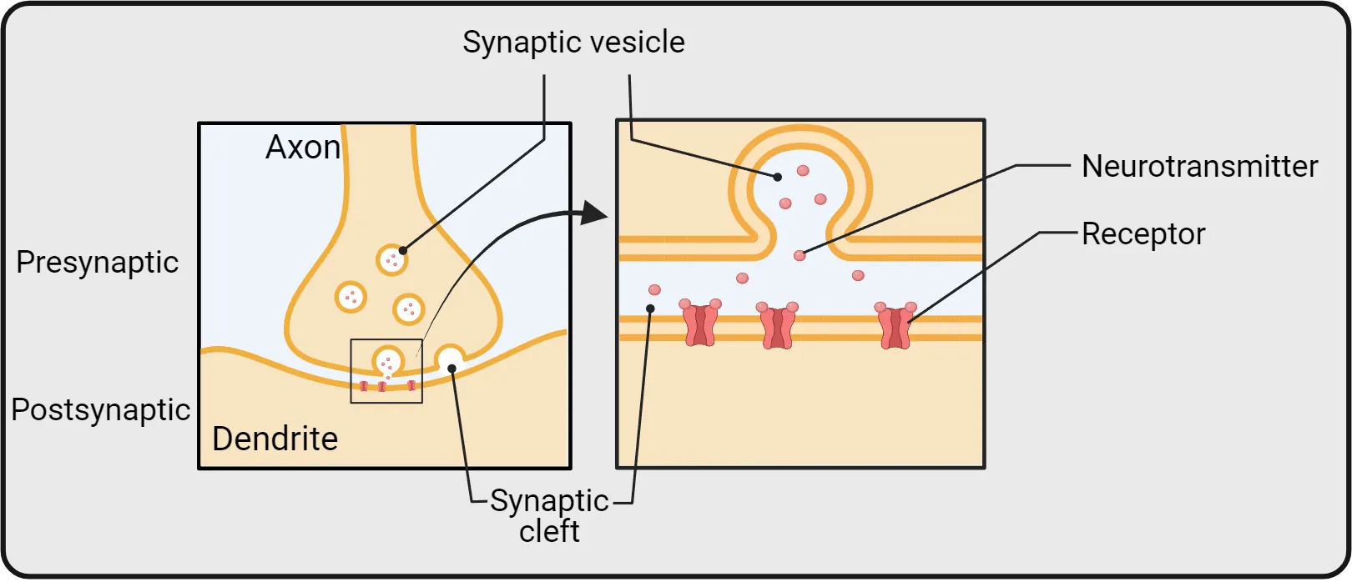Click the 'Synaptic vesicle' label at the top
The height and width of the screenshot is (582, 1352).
click(573, 43)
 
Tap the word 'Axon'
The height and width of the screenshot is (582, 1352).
click(303, 148)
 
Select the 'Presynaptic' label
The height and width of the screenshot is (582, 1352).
click(98, 263)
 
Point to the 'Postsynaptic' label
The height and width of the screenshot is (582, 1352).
click(100, 410)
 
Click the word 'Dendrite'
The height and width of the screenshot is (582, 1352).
click(275, 439)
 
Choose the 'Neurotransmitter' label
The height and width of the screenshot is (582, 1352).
click(1199, 167)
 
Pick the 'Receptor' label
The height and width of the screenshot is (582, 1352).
click(1143, 234)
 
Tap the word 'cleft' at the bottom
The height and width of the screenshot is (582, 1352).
click(549, 531)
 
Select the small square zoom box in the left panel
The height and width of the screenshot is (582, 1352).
click(386, 371)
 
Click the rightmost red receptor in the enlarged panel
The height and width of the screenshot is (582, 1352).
click(895, 326)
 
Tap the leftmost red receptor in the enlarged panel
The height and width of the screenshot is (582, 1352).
click(700, 324)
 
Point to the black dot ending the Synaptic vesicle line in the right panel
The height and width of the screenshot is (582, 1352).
click(778, 177)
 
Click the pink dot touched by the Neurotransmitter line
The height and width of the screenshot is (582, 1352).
click(800, 255)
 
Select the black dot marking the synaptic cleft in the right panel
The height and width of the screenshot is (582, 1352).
click(650, 309)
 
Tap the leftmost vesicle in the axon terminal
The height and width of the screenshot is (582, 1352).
click(351, 296)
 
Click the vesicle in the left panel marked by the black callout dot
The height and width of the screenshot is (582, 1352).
click(391, 259)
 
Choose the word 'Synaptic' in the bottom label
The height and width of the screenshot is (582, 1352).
click(549, 501)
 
